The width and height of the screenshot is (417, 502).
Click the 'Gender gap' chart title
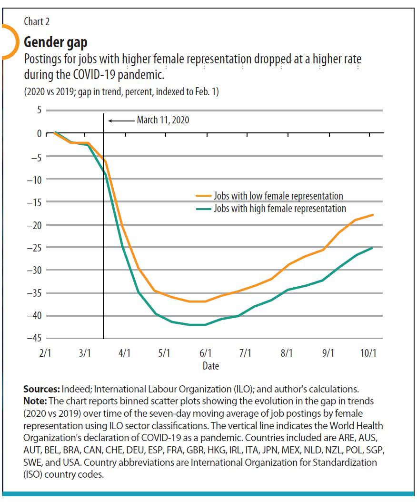[55, 42]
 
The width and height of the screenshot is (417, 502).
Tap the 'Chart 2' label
[37, 21]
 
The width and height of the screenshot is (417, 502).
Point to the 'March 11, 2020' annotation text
[163, 120]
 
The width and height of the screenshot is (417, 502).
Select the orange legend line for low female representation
[203, 195]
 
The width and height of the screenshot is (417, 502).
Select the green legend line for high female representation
[203, 209]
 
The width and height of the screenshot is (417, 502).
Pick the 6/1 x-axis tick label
[206, 353]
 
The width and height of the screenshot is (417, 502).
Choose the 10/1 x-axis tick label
[368, 353]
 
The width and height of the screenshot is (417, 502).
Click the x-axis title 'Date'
[211, 366]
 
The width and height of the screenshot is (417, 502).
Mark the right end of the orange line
[373, 215]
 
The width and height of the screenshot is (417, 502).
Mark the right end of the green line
[373, 248]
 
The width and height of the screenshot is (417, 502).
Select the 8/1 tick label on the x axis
[287, 353]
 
